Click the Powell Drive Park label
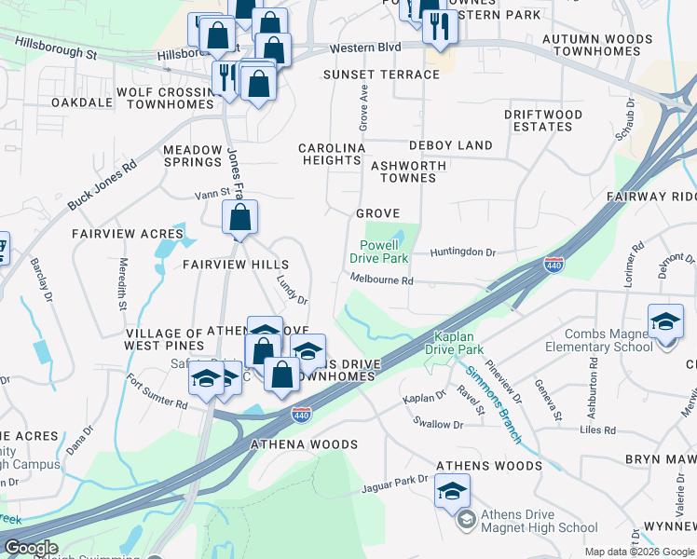pyautogui.click(x=379, y=251)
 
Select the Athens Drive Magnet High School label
pyautogui.click(x=539, y=522)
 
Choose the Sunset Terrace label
pyautogui.click(x=381, y=75)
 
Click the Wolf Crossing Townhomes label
pyautogui.click(x=166, y=99)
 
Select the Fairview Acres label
pyautogui.click(x=116, y=234)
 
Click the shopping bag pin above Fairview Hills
pyautogui.click(x=239, y=219)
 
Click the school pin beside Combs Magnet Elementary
pyautogui.click(x=665, y=322)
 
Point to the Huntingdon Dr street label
pyautogui.click(x=463, y=252)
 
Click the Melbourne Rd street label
pyautogui.click(x=381, y=279)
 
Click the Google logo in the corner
pyautogui.click(x=30, y=549)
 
